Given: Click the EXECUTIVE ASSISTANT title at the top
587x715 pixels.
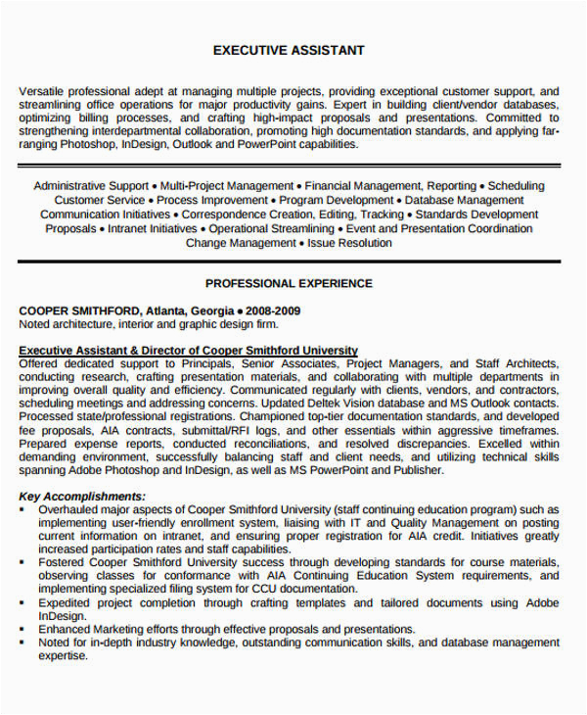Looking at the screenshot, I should pos(289,50).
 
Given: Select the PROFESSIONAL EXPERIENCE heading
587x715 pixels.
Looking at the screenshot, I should pos(289,283).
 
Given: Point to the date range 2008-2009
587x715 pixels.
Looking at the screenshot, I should pos(273,310).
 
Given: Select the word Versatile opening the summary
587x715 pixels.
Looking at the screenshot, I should pos(44,91).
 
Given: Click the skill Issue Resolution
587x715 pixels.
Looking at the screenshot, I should pos(350,243).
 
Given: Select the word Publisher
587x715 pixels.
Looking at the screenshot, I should pos(419,470).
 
